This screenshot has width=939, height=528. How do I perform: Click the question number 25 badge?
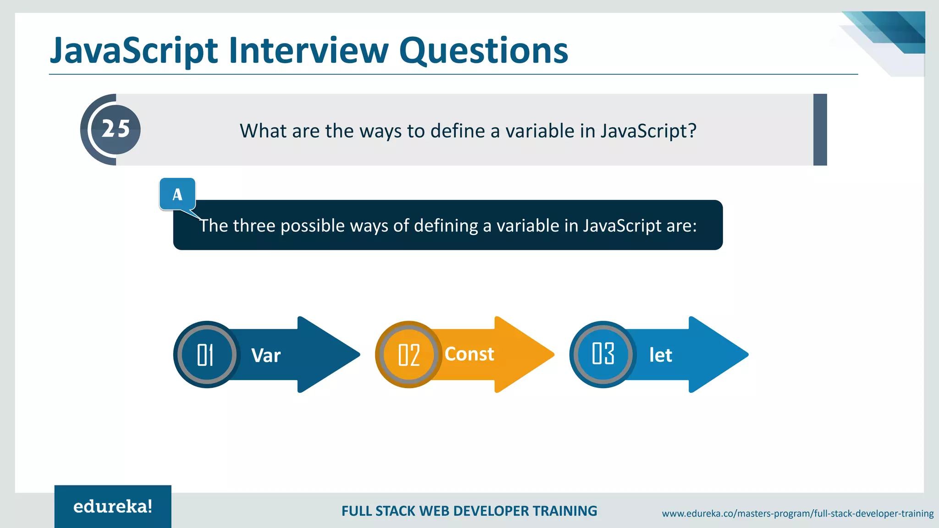pyautogui.click(x=116, y=129)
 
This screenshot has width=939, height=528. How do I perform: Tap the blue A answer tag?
pyautogui.click(x=177, y=194)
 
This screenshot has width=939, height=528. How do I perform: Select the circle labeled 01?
pyautogui.click(x=206, y=355)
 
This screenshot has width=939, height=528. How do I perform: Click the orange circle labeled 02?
pyautogui.click(x=409, y=355)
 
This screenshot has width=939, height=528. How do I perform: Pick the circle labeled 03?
pyautogui.click(x=603, y=354)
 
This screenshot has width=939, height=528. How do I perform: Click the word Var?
pyautogui.click(x=266, y=356)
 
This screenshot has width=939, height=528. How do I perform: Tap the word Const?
pyautogui.click(x=469, y=354)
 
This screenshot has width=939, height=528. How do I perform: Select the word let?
pyautogui.click(x=660, y=355)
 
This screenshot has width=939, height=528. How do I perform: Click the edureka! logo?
pyautogui.click(x=113, y=506)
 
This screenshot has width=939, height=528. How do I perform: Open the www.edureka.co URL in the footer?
pyautogui.click(x=797, y=513)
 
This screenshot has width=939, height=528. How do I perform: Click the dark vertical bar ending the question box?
pyautogui.click(x=820, y=130)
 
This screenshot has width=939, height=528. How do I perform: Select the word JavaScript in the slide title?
pyautogui.click(x=133, y=51)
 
